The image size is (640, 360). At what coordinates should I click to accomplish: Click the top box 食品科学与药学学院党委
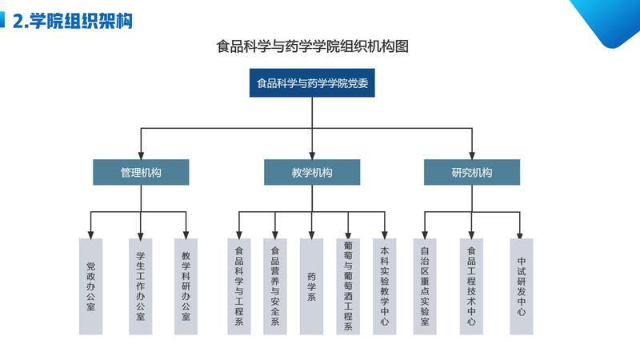(x=311, y=83)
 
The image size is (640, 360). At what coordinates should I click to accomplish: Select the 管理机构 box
(x=141, y=172)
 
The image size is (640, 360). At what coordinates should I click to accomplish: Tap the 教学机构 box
(x=312, y=172)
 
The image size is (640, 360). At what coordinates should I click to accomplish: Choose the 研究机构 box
(x=472, y=172)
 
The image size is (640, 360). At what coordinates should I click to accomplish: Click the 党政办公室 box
(x=90, y=286)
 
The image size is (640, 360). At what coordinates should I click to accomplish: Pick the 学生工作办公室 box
(x=141, y=286)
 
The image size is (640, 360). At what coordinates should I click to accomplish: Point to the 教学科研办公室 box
(x=186, y=286)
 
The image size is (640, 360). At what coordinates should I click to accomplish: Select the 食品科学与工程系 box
(x=238, y=286)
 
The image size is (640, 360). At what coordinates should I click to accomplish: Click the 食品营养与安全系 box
(x=275, y=286)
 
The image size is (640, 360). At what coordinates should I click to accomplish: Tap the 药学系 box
(x=312, y=286)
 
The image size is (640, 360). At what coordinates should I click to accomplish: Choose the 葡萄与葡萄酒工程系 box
(x=348, y=286)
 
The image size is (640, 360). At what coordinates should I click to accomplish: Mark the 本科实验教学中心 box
(x=385, y=286)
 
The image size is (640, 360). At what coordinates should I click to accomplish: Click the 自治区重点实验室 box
(x=425, y=286)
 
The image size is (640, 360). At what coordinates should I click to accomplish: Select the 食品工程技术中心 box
(x=472, y=286)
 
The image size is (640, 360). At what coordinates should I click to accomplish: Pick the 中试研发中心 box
(x=521, y=286)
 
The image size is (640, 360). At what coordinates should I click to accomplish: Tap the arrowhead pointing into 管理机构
(x=141, y=154)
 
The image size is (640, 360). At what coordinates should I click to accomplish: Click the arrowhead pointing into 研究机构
(x=472, y=154)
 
